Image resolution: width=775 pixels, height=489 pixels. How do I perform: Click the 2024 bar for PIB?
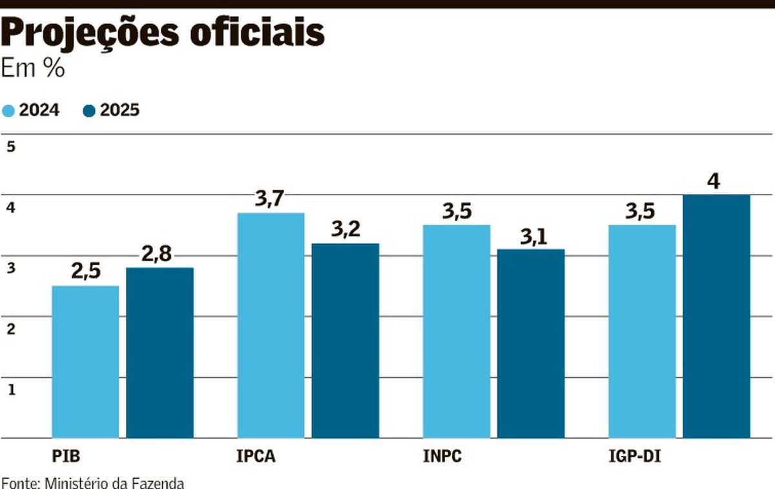pyautogui.click(x=85, y=362)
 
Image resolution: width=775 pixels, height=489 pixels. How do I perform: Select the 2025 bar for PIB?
pyautogui.click(x=160, y=353)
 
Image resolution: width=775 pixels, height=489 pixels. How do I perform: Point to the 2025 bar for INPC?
pyautogui.click(x=531, y=343)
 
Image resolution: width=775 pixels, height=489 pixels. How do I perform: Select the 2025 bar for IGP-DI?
pyautogui.click(x=716, y=316)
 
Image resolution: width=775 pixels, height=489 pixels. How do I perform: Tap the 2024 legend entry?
pyautogui.click(x=32, y=111)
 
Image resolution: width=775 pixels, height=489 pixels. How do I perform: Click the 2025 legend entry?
pyautogui.click(x=112, y=111)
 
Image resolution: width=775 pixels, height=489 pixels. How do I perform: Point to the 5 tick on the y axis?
pyautogui.click(x=10, y=146)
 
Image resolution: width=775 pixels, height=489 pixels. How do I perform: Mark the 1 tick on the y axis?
pyautogui.click(x=10, y=389)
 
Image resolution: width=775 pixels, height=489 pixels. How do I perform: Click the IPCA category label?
pyautogui.click(x=256, y=457)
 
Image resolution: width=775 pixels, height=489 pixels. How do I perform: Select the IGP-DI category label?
pyautogui.click(x=635, y=457)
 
